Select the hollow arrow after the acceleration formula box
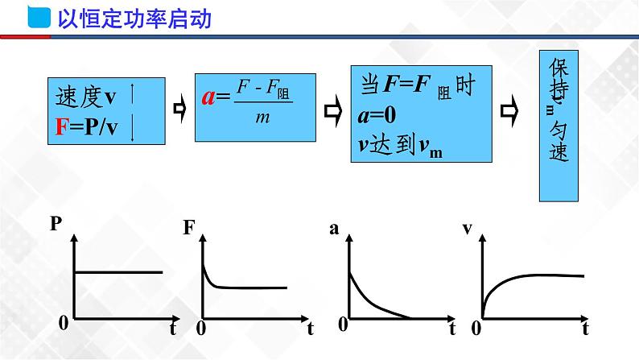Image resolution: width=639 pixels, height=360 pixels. coord(330,109)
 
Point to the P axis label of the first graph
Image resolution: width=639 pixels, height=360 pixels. coord(56,225)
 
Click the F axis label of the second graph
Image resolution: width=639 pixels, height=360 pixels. coord(189,228)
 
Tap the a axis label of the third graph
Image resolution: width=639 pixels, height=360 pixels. coord(334,229)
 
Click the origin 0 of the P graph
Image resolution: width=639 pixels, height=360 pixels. coord(63,321)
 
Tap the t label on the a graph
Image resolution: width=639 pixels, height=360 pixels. coord(452,328)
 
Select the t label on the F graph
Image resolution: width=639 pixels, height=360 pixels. coord(310,328)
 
